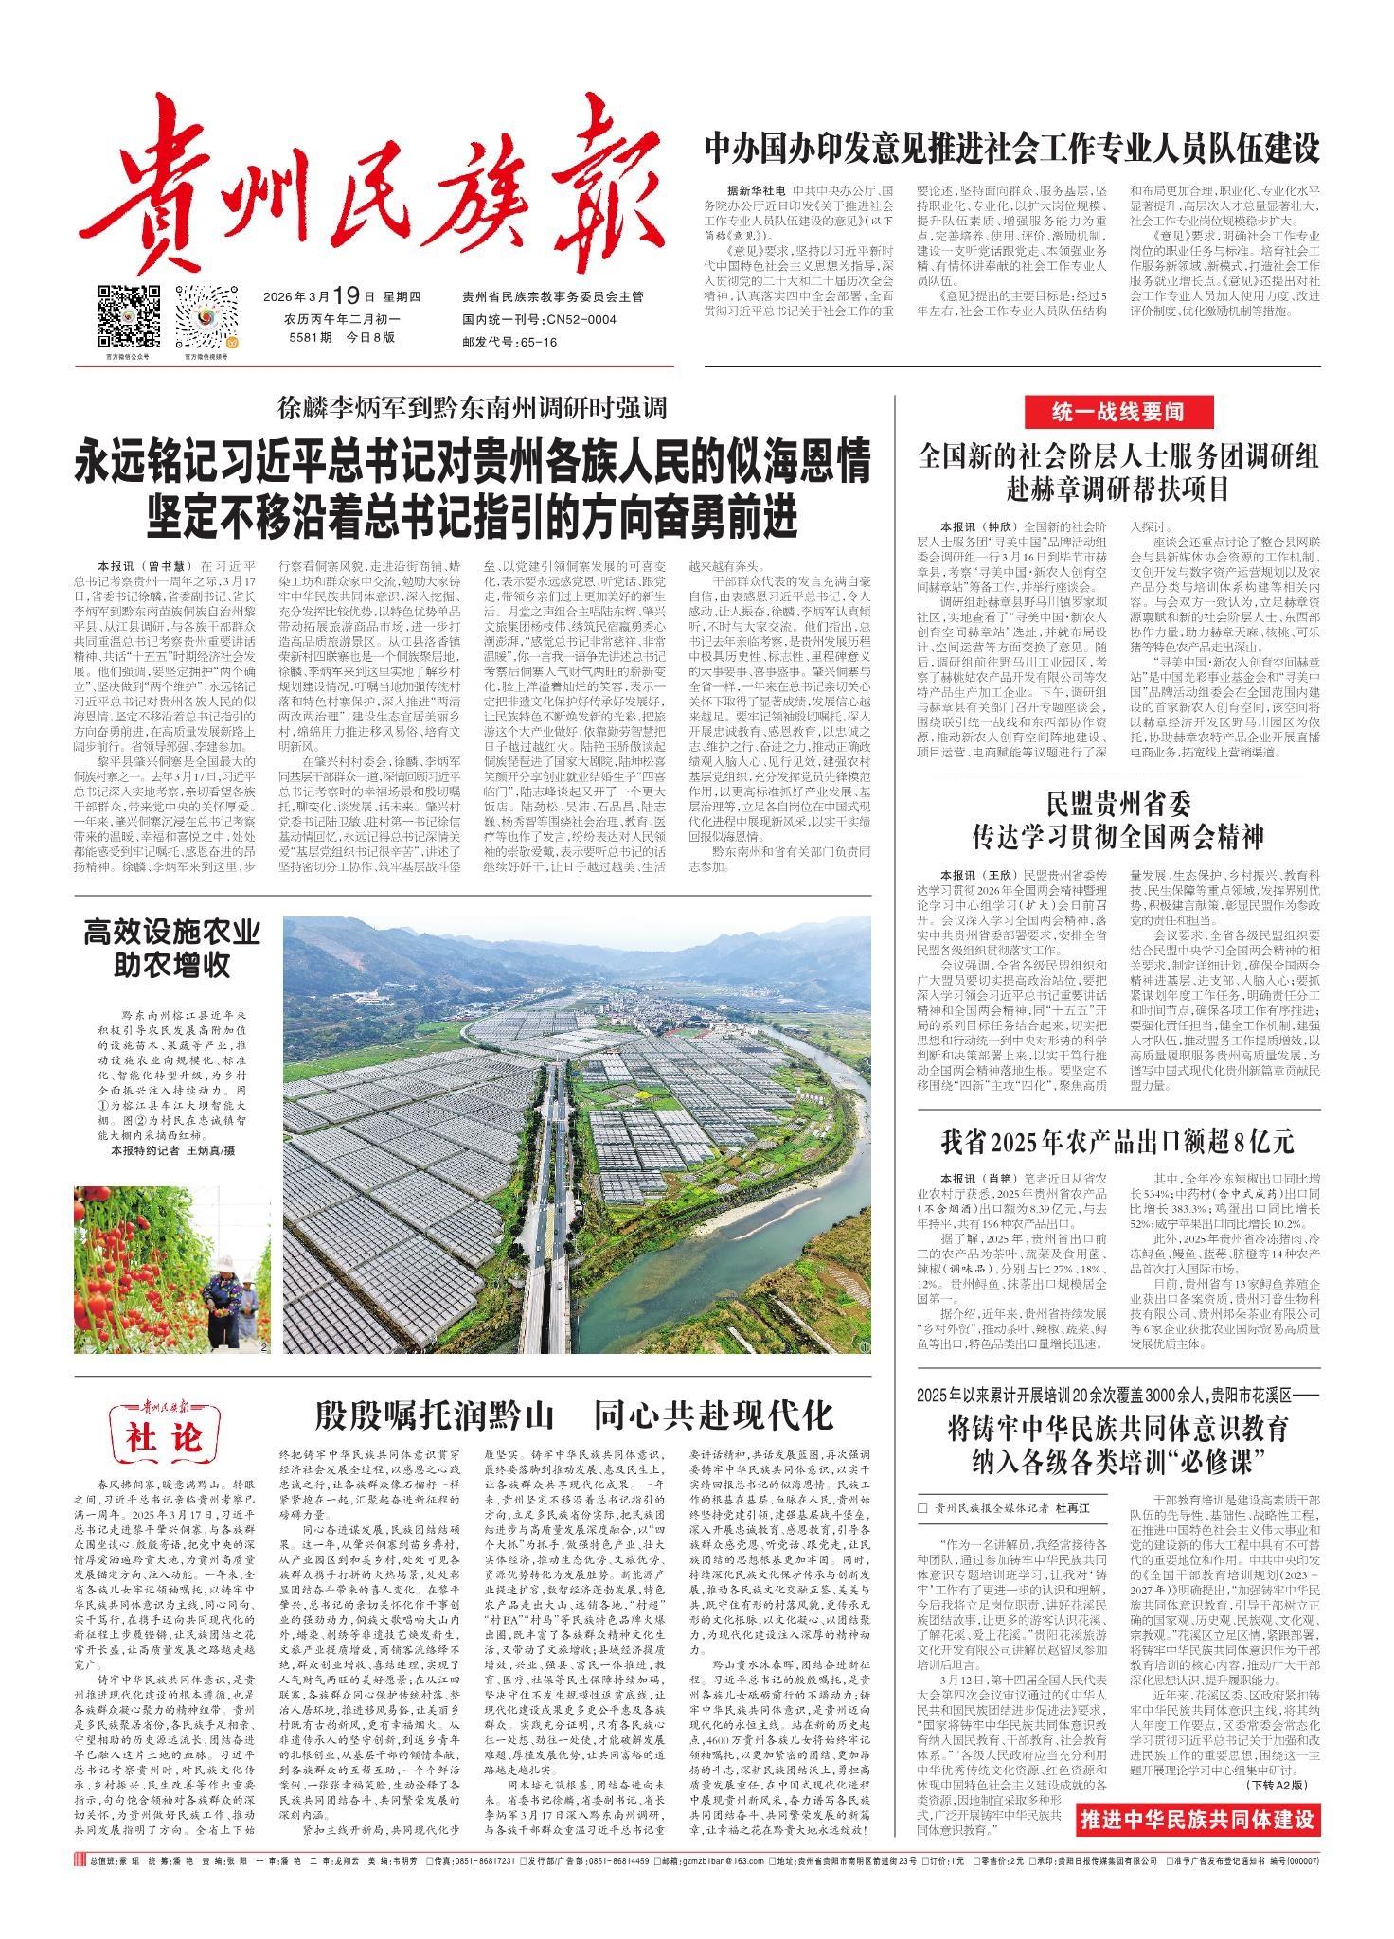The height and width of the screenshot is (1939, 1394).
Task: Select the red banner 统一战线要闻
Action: click(x=1118, y=412)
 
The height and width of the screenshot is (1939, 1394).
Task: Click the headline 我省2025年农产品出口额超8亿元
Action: click(x=1117, y=1141)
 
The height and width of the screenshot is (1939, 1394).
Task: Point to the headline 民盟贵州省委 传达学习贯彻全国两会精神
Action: click(x=1117, y=824)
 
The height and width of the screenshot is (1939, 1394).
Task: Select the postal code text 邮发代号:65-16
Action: click(x=509, y=342)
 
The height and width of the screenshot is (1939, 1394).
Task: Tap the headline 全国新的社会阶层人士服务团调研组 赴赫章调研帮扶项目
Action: click(x=1117, y=473)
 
